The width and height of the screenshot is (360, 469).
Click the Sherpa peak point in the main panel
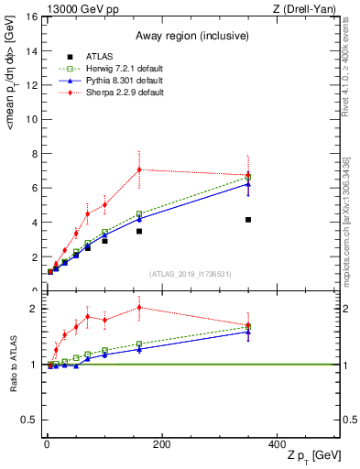tap(139, 169)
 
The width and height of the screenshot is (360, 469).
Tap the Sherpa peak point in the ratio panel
tap(139, 307)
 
